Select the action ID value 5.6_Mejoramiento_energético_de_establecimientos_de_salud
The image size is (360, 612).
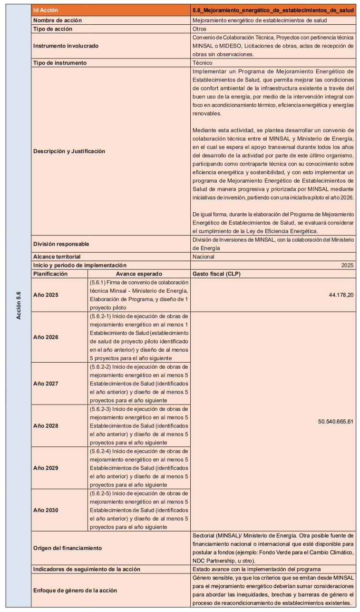(273, 10)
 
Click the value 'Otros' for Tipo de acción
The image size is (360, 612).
(199, 29)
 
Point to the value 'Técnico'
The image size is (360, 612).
(202, 63)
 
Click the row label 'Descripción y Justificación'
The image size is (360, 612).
(69, 151)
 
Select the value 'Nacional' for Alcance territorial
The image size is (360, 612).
(204, 257)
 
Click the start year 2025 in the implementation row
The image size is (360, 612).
(347, 265)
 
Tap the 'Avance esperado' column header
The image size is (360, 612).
(139, 274)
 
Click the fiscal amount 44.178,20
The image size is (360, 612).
(341, 295)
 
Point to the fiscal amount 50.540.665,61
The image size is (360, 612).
(336, 421)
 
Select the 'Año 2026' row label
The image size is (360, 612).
(46, 337)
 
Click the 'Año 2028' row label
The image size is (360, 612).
(46, 425)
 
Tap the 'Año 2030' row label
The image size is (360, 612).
(46, 510)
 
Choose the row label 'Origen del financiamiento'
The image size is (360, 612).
(67, 548)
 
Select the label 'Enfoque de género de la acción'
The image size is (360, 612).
(75, 590)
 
